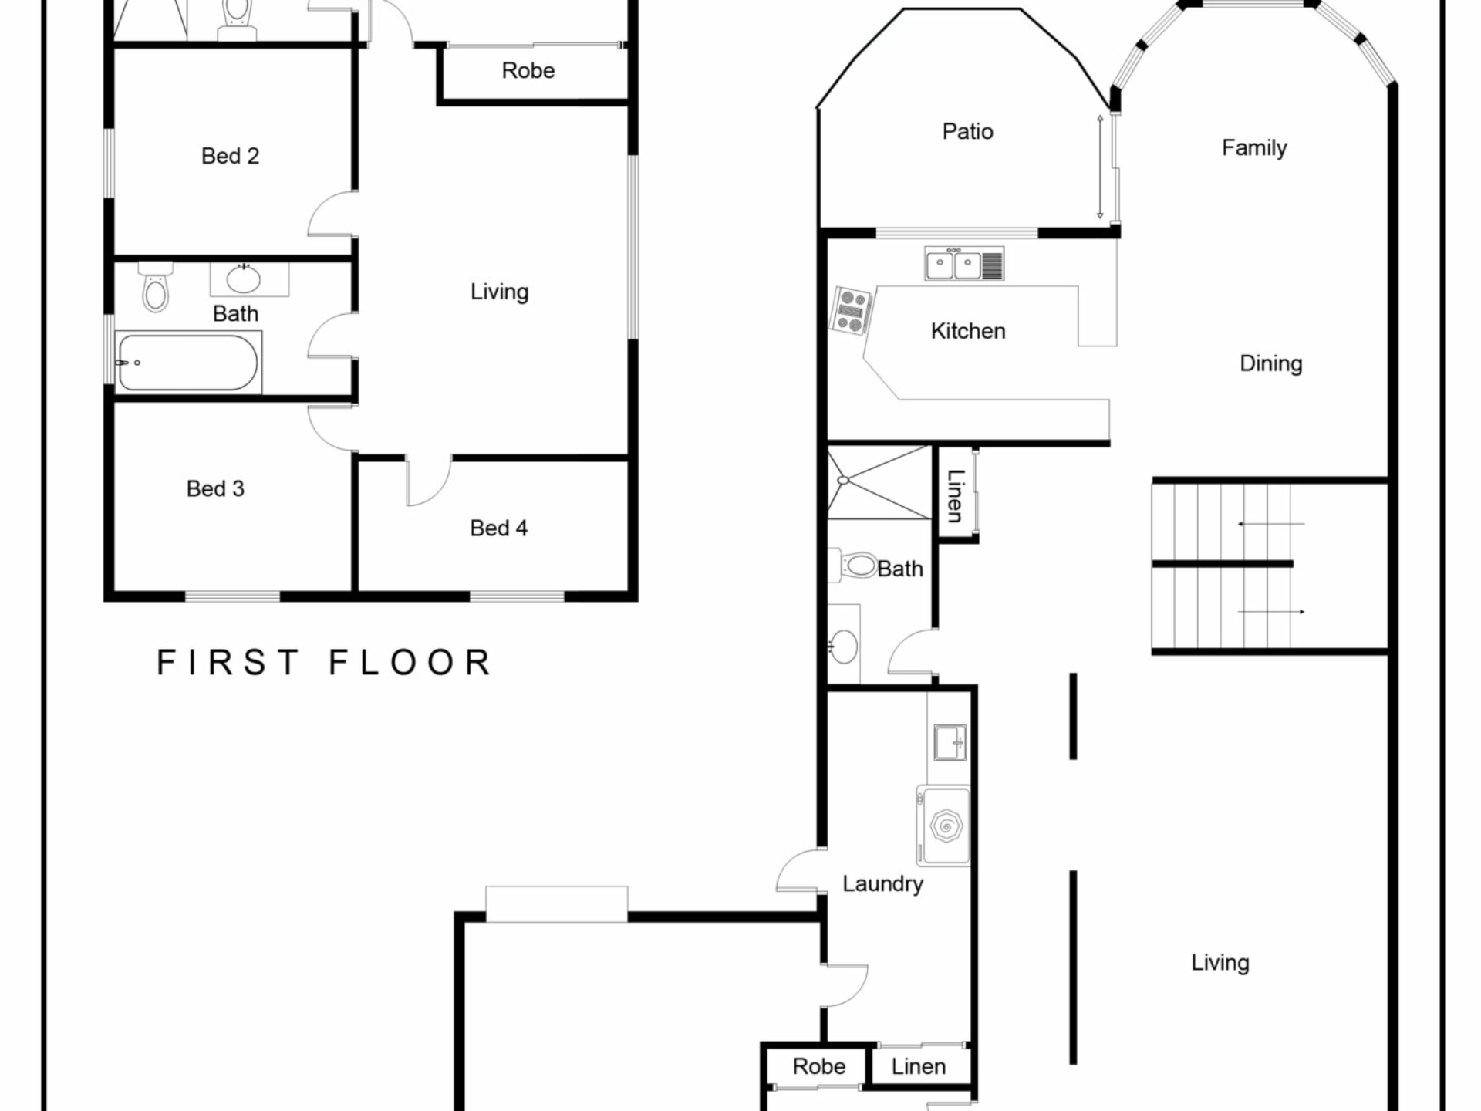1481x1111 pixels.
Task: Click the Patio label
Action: tap(967, 131)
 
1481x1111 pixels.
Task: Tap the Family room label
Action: tap(1254, 147)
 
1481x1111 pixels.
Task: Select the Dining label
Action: tap(1270, 363)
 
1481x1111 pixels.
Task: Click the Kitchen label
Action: tap(968, 331)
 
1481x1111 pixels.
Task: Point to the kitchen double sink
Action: tap(964, 264)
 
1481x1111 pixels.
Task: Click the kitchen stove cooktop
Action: tap(852, 311)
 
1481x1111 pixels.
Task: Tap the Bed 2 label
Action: tap(230, 156)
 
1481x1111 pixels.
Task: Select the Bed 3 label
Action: tap(215, 488)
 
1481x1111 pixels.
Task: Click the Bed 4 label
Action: tap(498, 528)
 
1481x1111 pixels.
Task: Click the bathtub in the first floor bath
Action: tap(187, 362)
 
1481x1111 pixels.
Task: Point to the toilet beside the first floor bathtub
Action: tap(156, 287)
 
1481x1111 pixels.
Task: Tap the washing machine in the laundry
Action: tap(943, 826)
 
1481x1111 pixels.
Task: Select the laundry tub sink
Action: tap(950, 743)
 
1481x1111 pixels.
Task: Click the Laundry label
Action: tap(882, 884)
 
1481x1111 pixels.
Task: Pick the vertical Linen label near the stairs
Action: tap(955, 495)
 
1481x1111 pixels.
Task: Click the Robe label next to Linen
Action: tap(819, 1066)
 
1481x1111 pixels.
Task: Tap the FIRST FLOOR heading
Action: tap(324, 662)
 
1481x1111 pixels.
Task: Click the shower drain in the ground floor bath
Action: tap(843, 480)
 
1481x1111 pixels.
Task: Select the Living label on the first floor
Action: tap(499, 292)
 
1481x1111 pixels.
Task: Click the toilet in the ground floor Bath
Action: tap(854, 566)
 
